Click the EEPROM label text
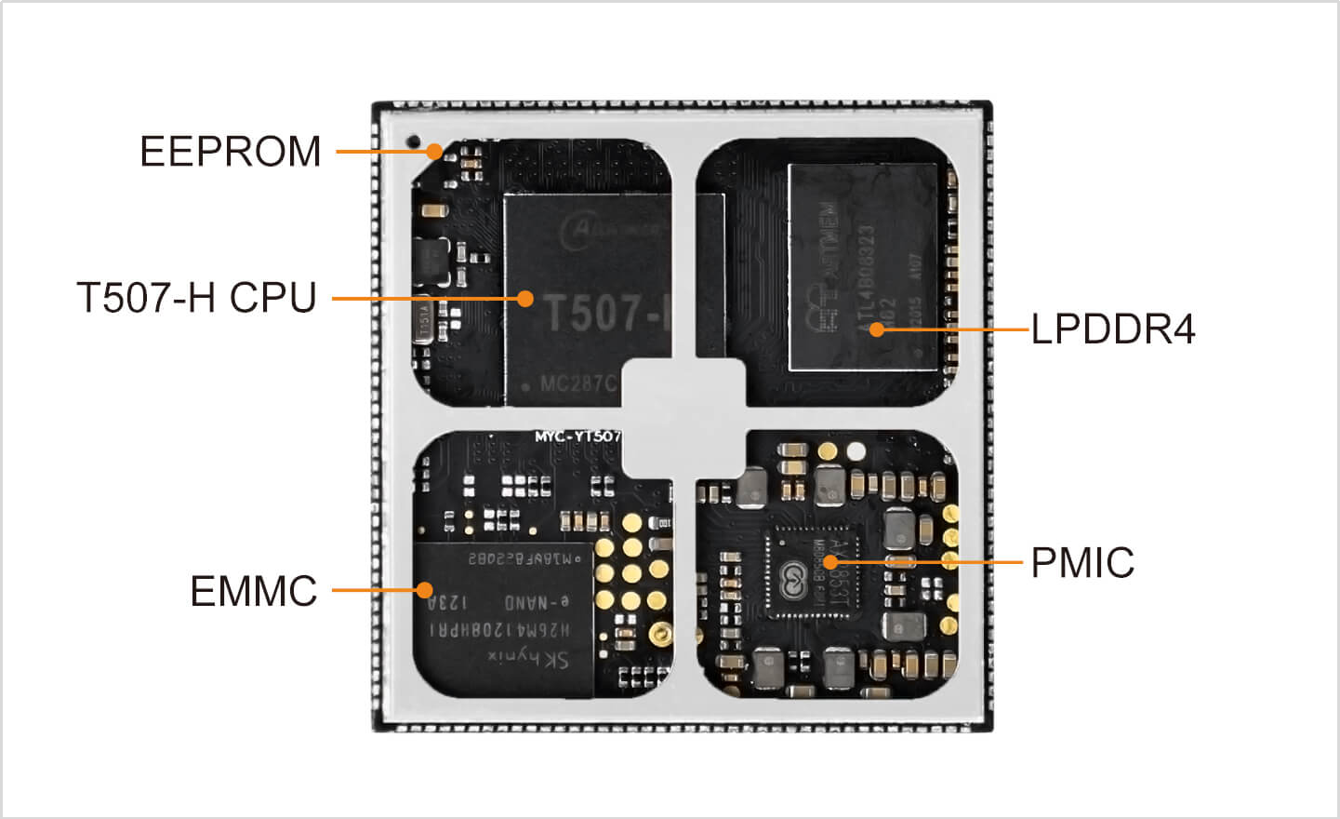(230, 152)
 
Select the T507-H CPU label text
(196, 298)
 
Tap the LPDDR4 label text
(1113, 329)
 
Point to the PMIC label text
(1082, 563)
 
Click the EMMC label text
(253, 592)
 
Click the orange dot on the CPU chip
(525, 299)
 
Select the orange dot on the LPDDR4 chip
(876, 329)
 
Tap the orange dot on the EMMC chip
(424, 590)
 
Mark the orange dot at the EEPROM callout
(434, 151)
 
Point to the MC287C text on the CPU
(577, 383)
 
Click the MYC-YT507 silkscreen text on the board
(577, 436)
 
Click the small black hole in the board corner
(413, 141)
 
